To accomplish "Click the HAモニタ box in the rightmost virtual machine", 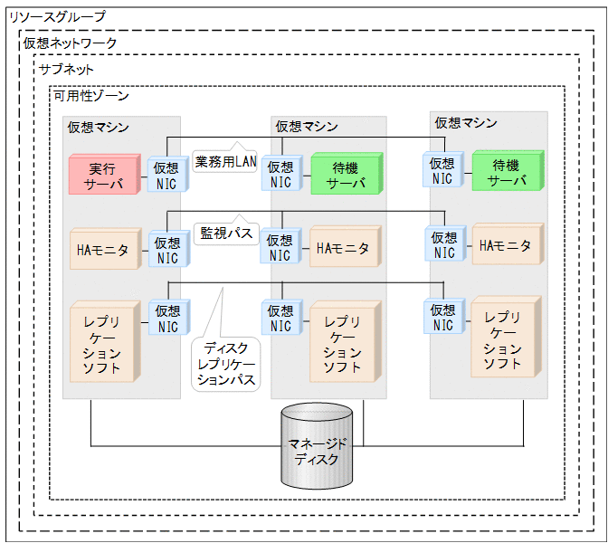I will tap(505, 245).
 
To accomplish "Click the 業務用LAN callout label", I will tap(225, 163).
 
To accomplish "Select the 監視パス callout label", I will tap(225, 232).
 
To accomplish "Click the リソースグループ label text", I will tap(56, 16).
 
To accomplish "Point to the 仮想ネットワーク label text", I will tap(70, 43).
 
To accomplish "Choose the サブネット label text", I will tap(66, 69).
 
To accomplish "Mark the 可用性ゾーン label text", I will tap(90, 95).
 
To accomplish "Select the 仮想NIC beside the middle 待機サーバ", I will tap(280, 175).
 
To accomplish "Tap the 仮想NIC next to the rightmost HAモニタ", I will tap(443, 245).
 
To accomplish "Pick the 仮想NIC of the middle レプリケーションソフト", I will tap(280, 319).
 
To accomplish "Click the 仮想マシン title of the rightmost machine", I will tap(466, 122).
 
